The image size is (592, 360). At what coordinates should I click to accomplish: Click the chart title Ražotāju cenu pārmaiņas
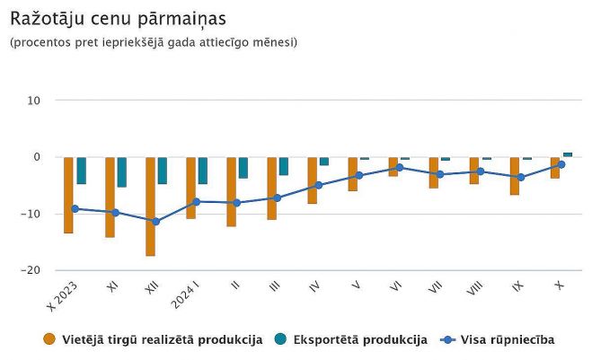(118, 18)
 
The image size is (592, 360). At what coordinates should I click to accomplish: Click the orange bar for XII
(150, 206)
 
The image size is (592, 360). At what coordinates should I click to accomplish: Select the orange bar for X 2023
(68, 195)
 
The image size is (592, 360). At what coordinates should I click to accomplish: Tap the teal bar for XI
(121, 171)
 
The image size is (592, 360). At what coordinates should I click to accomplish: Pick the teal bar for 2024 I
(203, 171)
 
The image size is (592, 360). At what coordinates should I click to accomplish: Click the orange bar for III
(271, 189)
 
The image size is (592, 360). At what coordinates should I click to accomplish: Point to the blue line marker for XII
(155, 221)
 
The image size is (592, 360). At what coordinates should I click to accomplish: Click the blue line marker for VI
(399, 168)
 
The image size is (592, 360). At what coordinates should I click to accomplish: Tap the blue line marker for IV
(318, 185)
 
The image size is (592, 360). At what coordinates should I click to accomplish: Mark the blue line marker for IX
(520, 177)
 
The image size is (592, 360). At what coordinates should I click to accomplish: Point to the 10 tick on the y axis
(34, 101)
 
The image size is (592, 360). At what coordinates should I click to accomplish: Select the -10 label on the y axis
(31, 214)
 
